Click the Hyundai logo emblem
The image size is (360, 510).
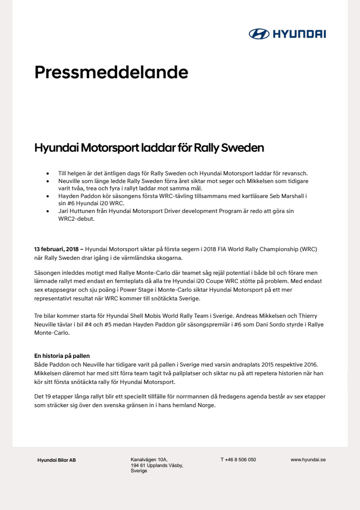pos(259,34)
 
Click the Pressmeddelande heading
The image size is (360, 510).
pos(111,72)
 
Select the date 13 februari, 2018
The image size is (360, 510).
pos(56,249)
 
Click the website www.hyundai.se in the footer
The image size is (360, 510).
pos(308,460)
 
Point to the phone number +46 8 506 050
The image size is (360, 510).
pos(238,460)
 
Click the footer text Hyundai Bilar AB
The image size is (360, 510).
pos(56,460)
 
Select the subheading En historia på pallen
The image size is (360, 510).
pos(62,355)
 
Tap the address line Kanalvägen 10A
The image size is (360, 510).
pos(149,460)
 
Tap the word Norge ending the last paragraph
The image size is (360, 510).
pos(206,405)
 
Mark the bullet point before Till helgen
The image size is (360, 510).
pos(47,173)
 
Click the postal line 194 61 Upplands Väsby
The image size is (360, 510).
pos(157,465)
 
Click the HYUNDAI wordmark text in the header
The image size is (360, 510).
pos(300,34)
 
